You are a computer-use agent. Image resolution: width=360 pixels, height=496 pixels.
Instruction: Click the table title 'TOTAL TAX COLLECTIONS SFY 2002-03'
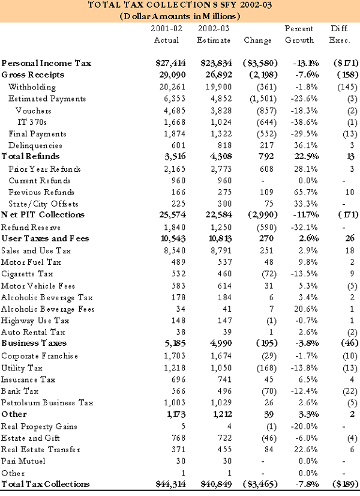point(180,5)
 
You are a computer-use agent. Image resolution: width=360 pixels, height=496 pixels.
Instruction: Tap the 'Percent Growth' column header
point(299,34)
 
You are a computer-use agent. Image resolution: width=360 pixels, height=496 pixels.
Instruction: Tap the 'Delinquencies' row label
point(35,145)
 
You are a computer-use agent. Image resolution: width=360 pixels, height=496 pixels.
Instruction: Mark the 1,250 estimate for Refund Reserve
point(218,227)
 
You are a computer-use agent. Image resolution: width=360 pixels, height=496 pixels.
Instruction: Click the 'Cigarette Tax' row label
point(27,273)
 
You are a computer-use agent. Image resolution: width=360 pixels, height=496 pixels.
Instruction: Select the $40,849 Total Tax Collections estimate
point(213,485)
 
